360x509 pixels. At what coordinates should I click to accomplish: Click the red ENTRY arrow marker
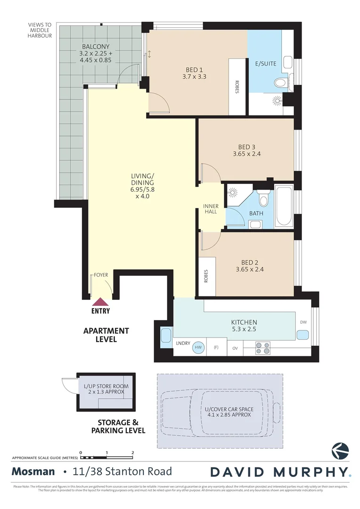(x=100, y=302)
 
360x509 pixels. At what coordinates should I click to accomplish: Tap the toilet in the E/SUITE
(x=280, y=83)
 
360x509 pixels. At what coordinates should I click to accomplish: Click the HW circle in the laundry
(x=199, y=348)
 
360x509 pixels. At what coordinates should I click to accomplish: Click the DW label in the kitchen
(x=303, y=322)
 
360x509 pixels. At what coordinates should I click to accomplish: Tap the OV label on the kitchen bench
(x=235, y=349)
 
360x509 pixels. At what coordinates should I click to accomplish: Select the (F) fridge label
(x=216, y=348)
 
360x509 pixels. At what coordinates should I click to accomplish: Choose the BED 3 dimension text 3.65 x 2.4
(x=247, y=154)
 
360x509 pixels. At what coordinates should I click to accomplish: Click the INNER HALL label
(x=211, y=209)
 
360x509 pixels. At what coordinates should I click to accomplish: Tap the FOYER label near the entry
(x=101, y=274)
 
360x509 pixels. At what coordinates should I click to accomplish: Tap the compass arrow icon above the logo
(x=340, y=451)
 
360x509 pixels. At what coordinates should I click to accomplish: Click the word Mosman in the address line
(x=33, y=471)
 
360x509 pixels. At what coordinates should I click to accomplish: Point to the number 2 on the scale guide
(x=133, y=452)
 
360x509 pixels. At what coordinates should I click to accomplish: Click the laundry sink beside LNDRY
(x=166, y=337)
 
